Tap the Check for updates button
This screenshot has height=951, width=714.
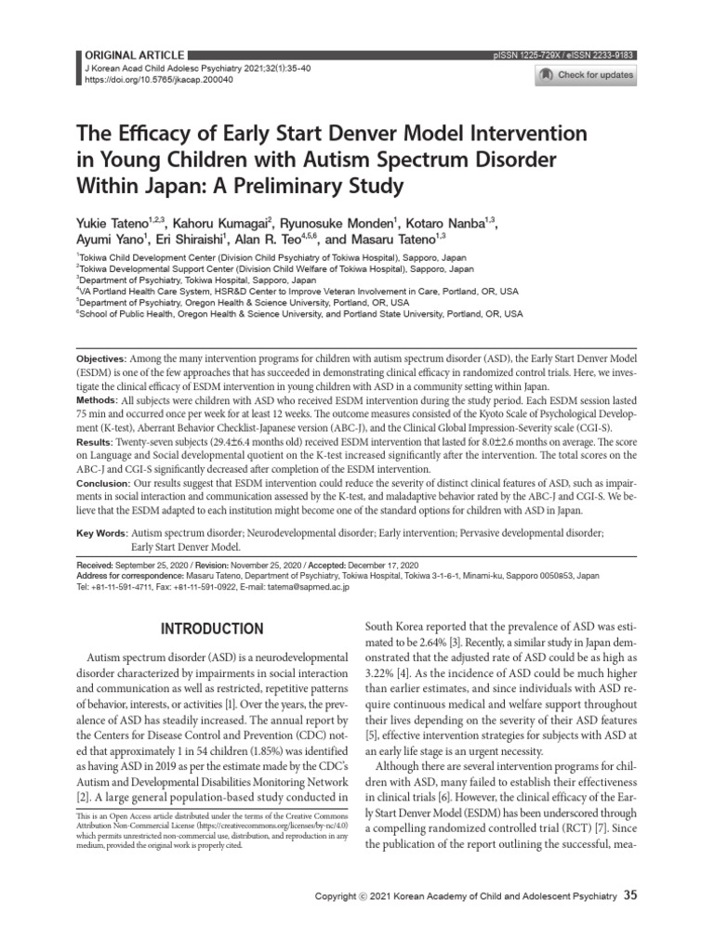587,75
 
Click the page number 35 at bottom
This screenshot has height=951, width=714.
631,921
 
